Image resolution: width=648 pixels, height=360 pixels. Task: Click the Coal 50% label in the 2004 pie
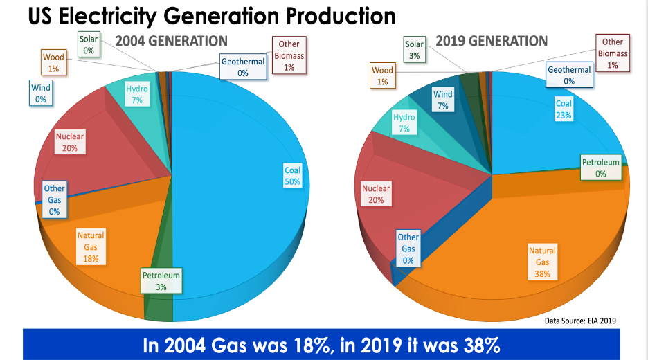click(292, 175)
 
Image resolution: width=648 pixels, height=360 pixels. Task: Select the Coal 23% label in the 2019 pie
click(563, 109)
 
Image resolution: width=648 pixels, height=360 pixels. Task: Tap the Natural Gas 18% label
click(91, 247)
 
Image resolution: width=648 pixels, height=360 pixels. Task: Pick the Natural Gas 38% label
click(542, 262)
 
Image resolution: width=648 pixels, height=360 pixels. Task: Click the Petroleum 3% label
click(161, 281)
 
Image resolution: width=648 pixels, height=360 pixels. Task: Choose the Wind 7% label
click(443, 100)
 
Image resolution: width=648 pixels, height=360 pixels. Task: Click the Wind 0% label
click(40, 93)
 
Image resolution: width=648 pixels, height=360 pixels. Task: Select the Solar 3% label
click(414, 50)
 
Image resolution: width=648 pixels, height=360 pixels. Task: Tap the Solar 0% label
click(88, 45)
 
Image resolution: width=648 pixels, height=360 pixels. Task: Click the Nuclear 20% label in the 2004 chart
click(70, 143)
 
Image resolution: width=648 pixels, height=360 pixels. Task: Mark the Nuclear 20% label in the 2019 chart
click(376, 194)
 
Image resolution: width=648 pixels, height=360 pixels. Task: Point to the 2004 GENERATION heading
click(172, 42)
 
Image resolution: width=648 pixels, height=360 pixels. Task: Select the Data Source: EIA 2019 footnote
click(580, 321)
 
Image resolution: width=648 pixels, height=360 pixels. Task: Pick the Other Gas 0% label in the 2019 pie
click(408, 249)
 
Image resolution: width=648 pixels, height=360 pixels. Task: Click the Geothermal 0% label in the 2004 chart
click(243, 67)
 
